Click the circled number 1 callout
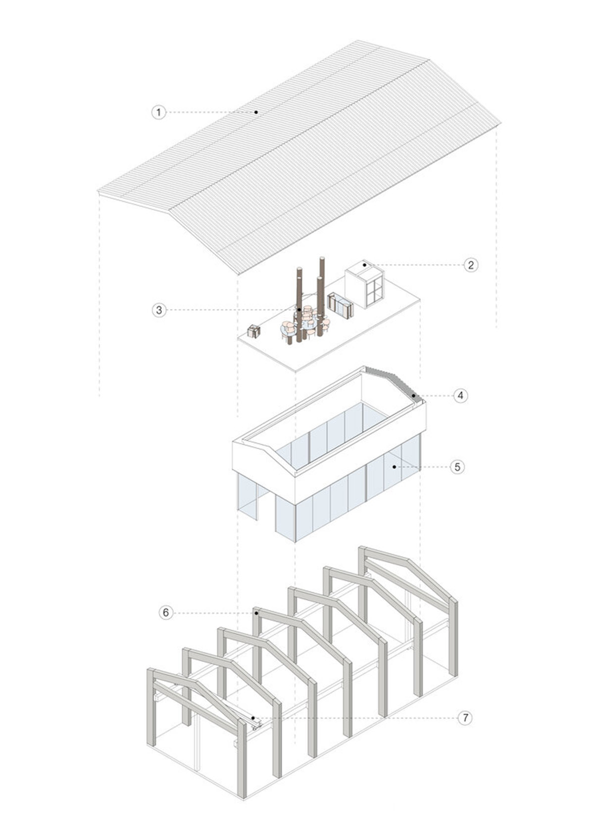tap(158, 112)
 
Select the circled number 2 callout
tap(471, 265)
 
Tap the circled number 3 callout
tap(159, 310)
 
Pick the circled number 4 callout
tap(460, 395)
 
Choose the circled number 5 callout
tap(457, 466)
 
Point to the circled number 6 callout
tap(166, 613)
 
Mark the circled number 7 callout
tap(464, 718)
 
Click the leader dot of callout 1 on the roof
tap(256, 112)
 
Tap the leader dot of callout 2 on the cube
tap(365, 265)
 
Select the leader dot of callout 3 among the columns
tap(298, 310)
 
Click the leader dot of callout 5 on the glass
tap(394, 466)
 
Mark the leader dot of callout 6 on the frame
tap(256, 613)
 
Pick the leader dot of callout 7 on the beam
tap(253, 718)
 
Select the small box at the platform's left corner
tap(254, 331)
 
